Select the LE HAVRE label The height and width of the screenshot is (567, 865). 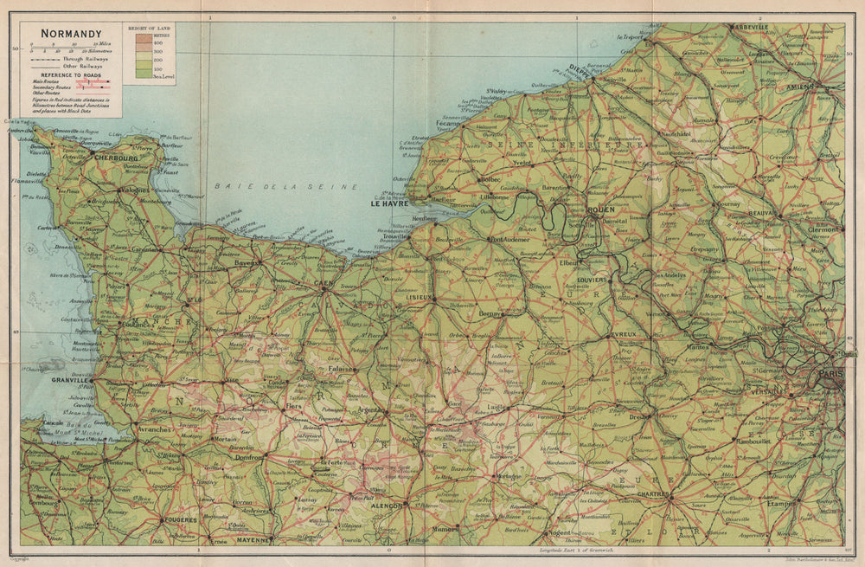(x=388, y=205)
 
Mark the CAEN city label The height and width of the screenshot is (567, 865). (x=324, y=282)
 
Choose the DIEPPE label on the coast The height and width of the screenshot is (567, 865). (x=581, y=74)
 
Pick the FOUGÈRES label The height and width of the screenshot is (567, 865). (x=180, y=520)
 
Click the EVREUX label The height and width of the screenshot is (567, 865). (x=623, y=334)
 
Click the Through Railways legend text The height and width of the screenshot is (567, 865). (x=79, y=59)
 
